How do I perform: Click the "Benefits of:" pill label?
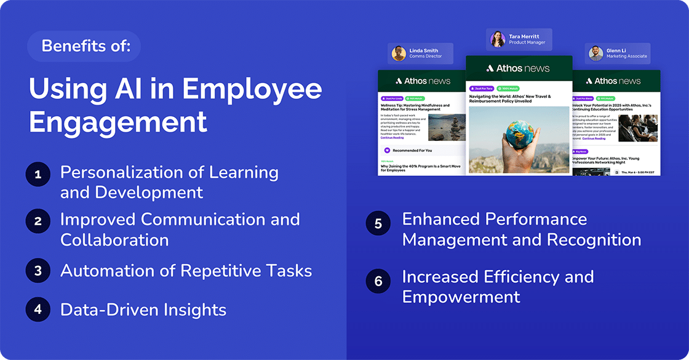click(x=84, y=46)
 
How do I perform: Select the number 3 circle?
click(x=38, y=271)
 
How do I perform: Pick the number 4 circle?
click(x=38, y=310)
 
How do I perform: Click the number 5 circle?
click(x=378, y=223)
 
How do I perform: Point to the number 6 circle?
click(x=378, y=281)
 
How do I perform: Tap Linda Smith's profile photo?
click(x=399, y=54)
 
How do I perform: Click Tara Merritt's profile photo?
click(x=498, y=39)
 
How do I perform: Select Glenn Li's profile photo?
click(x=595, y=54)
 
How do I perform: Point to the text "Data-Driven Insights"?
click(x=143, y=310)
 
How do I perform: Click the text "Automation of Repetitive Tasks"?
click(x=186, y=271)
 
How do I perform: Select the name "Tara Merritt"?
click(x=524, y=36)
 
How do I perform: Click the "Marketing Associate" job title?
click(x=627, y=57)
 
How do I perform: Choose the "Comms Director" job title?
click(x=426, y=57)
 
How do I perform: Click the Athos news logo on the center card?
click(x=519, y=68)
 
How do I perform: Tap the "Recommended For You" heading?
click(x=412, y=150)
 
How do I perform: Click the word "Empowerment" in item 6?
click(x=461, y=297)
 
